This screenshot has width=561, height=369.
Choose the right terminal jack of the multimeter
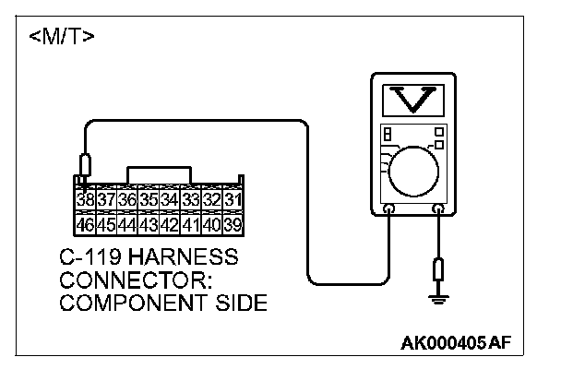click(x=437, y=209)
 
